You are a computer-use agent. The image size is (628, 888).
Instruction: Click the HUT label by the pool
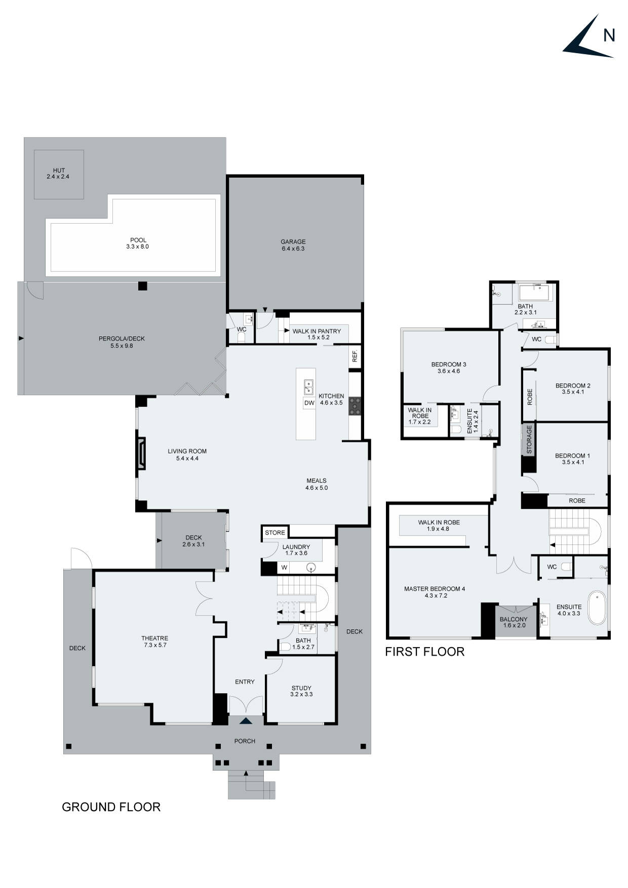pos(59,174)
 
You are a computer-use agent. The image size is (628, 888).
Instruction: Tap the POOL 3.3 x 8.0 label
pos(138,244)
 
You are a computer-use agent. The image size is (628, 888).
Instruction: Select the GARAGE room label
pos(293,245)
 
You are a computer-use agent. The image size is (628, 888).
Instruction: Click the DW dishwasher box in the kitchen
pos(309,403)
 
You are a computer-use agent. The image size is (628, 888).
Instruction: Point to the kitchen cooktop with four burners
pos(355,407)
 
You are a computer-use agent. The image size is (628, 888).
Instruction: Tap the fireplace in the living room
pos(142,454)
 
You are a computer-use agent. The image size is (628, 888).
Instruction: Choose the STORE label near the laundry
pos(275,533)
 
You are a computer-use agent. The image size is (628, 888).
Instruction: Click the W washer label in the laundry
pos(284,568)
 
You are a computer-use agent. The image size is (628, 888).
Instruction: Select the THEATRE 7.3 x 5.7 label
pos(154,641)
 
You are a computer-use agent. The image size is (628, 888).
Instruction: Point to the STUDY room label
pos(301,691)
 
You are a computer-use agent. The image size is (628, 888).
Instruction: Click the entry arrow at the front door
pos(246,721)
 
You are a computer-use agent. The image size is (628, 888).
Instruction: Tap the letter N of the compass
pos(609,35)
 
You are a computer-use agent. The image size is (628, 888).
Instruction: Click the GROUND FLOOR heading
pos(111,807)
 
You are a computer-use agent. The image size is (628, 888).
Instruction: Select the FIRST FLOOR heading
pos(424,652)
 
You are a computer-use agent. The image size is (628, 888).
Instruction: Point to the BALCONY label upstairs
pos(514,622)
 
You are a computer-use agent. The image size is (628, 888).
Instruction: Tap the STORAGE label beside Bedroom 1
pos(529,439)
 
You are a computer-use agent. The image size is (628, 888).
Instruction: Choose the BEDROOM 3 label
pos(449,368)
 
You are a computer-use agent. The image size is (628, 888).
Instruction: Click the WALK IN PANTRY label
pos(317,334)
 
